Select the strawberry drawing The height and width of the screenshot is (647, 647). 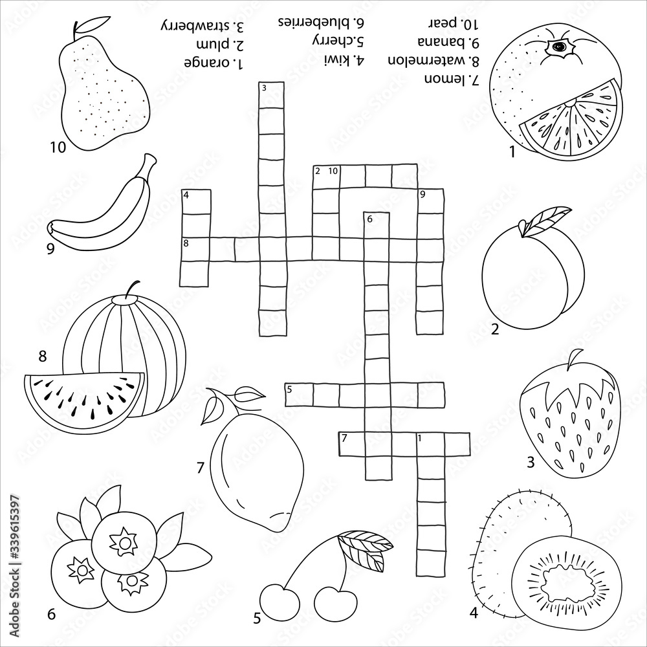[x=569, y=421]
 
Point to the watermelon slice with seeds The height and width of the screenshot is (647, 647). [x=84, y=398]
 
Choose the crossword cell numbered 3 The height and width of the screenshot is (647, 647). [x=272, y=96]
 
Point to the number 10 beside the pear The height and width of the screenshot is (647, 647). [x=58, y=148]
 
